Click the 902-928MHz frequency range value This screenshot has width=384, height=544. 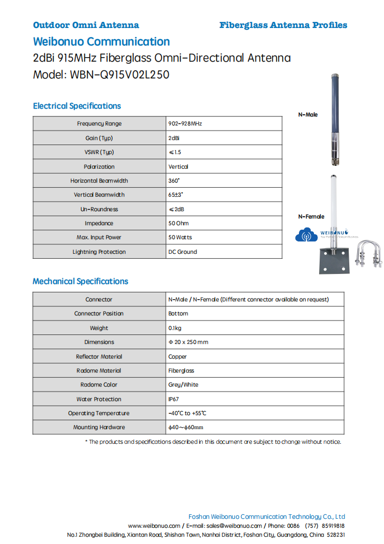(x=185, y=123)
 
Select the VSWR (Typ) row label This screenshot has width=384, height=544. (x=99, y=152)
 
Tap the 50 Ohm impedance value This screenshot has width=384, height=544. (x=179, y=223)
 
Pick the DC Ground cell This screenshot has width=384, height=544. (x=182, y=252)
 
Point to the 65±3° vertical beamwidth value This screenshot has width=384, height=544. (x=176, y=194)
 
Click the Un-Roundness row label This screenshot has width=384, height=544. (x=99, y=209)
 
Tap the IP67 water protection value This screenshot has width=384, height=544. (x=174, y=399)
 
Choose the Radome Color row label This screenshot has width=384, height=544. (x=99, y=385)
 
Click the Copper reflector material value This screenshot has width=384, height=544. (x=177, y=356)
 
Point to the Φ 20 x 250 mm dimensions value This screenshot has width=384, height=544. (x=188, y=342)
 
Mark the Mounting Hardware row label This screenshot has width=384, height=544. (x=99, y=427)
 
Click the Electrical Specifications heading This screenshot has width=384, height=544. (x=77, y=106)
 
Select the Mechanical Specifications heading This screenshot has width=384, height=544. (x=81, y=281)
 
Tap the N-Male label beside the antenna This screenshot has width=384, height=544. (x=307, y=114)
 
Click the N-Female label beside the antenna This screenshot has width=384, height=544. (x=311, y=216)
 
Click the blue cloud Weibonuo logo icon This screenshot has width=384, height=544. (x=306, y=235)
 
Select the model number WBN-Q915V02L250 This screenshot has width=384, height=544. (x=120, y=75)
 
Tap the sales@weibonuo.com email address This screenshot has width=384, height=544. (x=234, y=526)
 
